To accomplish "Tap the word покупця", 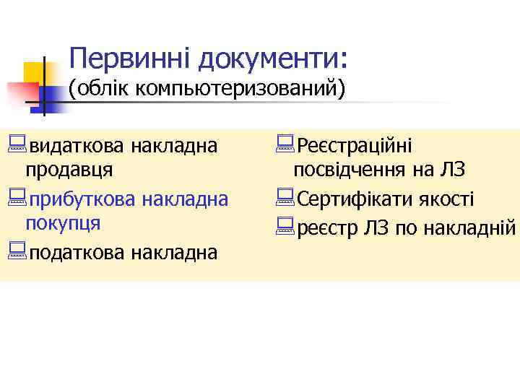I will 63,222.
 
